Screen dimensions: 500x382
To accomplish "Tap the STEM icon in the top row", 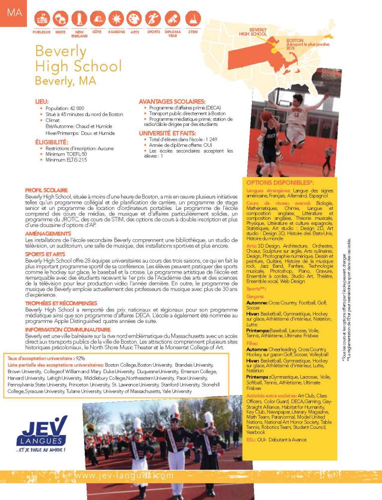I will [193, 19].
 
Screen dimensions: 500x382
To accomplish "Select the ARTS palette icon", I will [134, 19].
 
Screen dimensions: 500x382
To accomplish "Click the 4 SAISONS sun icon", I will [116, 19].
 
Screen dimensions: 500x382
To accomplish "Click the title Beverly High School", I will [78, 59].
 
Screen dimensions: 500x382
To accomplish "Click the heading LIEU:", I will [41, 101].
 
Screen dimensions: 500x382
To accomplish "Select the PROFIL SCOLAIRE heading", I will [46, 190].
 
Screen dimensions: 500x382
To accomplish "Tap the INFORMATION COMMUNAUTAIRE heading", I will [61, 329].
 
